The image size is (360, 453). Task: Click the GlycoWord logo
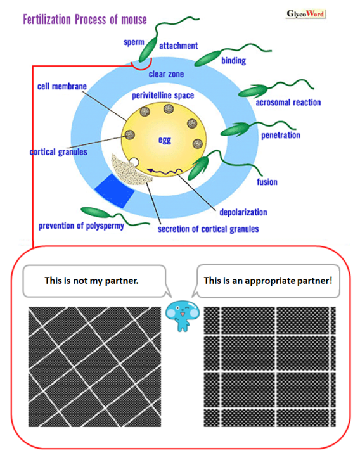point(305,13)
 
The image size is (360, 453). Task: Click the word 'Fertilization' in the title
point(47,20)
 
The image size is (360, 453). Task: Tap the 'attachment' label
point(179,46)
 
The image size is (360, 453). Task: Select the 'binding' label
point(233,61)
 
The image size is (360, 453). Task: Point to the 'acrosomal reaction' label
point(288,102)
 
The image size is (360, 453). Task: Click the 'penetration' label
point(281,135)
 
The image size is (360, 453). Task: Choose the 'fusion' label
point(267,182)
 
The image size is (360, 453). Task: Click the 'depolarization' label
point(243,212)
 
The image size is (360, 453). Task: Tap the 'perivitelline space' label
point(163,96)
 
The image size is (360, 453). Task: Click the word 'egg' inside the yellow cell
point(165,141)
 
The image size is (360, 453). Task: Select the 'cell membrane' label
point(62,86)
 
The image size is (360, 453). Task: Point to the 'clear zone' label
point(166,74)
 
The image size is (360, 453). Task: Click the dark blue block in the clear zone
point(115,191)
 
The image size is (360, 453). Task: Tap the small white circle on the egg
point(134,162)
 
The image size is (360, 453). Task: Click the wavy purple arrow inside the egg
point(164,172)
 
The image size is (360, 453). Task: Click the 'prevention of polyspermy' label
point(81,226)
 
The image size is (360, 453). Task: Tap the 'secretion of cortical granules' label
point(208,229)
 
